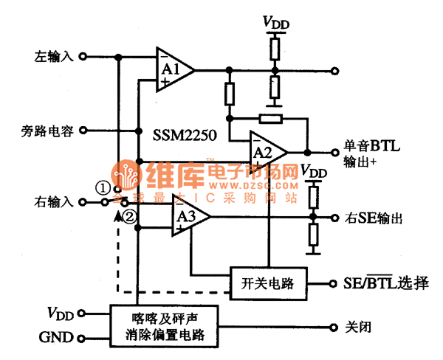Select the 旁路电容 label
pyautogui.click(x=47, y=131)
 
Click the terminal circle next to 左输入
pyautogui.click(x=83, y=56)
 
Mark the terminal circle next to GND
pyautogui.click(x=83, y=339)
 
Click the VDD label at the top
pyautogui.click(x=276, y=22)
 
